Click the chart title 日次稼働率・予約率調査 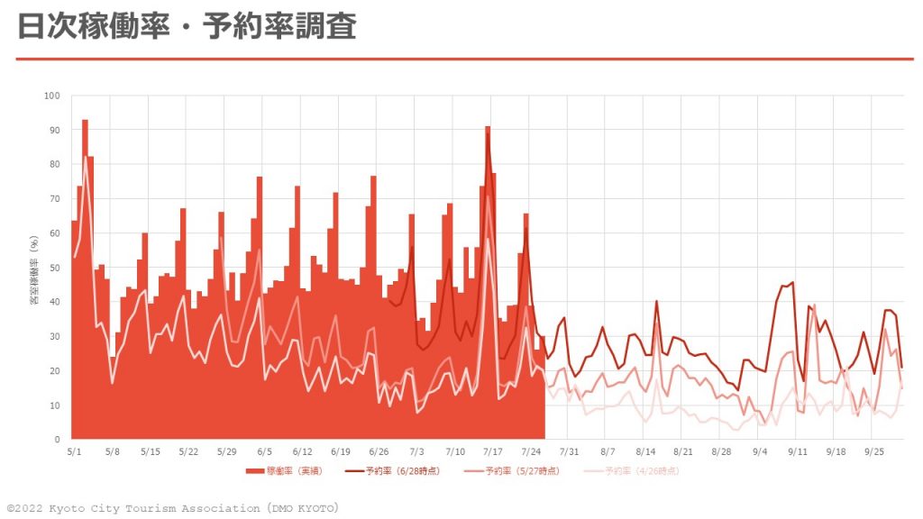coord(187,26)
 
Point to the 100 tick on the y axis coord(52,96)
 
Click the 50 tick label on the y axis coord(54,268)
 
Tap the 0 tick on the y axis coord(57,440)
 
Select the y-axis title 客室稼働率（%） coord(33,268)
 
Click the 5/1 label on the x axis coord(74,451)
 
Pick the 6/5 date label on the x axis coord(265,451)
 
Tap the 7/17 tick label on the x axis coord(493,451)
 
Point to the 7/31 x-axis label coord(569,451)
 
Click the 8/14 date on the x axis coord(645,451)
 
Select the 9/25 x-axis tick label coord(873,451)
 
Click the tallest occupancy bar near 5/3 coord(85,122)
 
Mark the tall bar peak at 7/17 coord(488,129)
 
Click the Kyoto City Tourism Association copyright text coord(172,508)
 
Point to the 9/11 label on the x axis coord(798,451)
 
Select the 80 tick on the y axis coord(54,164)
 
